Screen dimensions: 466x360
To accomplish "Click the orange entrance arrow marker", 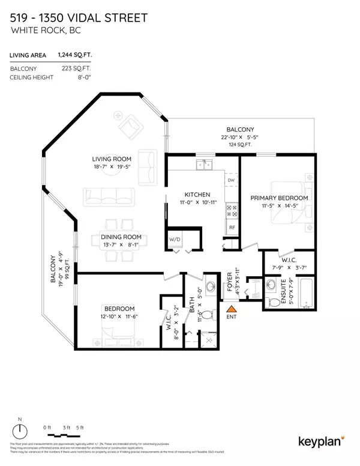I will tap(230, 310).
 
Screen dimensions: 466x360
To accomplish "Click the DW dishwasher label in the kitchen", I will tap(231, 180).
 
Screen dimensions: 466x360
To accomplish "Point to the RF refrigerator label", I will tap(231, 228).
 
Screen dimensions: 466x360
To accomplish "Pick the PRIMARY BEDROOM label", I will tap(279, 198).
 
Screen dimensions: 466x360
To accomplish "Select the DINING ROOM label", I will tap(120, 237).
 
